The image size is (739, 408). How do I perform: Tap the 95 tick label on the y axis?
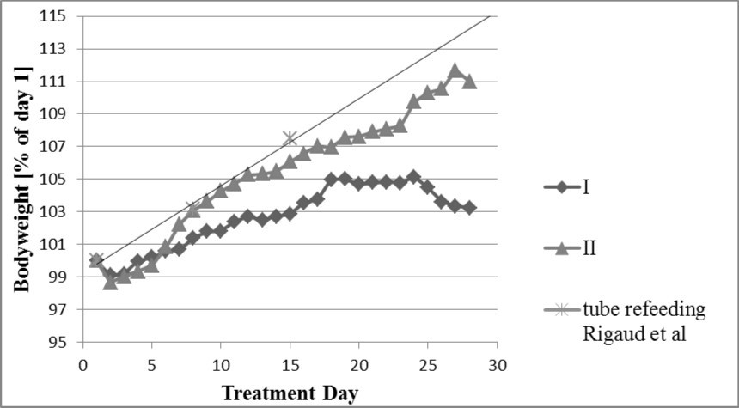[x=58, y=342]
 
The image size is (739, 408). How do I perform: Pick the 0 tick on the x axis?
[x=82, y=362]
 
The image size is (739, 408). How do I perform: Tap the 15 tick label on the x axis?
[x=290, y=362]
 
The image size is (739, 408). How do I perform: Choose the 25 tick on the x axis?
[x=428, y=362]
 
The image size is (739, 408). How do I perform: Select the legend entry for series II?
[x=589, y=249]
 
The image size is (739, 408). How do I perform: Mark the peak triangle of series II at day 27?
[x=455, y=70]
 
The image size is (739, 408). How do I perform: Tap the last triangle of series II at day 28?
[x=469, y=81]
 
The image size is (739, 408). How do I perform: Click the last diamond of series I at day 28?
[x=469, y=208]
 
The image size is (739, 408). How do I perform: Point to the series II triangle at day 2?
[x=110, y=282]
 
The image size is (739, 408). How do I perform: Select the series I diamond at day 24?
[x=414, y=177]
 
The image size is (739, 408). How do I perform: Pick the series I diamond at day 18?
[x=331, y=179]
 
